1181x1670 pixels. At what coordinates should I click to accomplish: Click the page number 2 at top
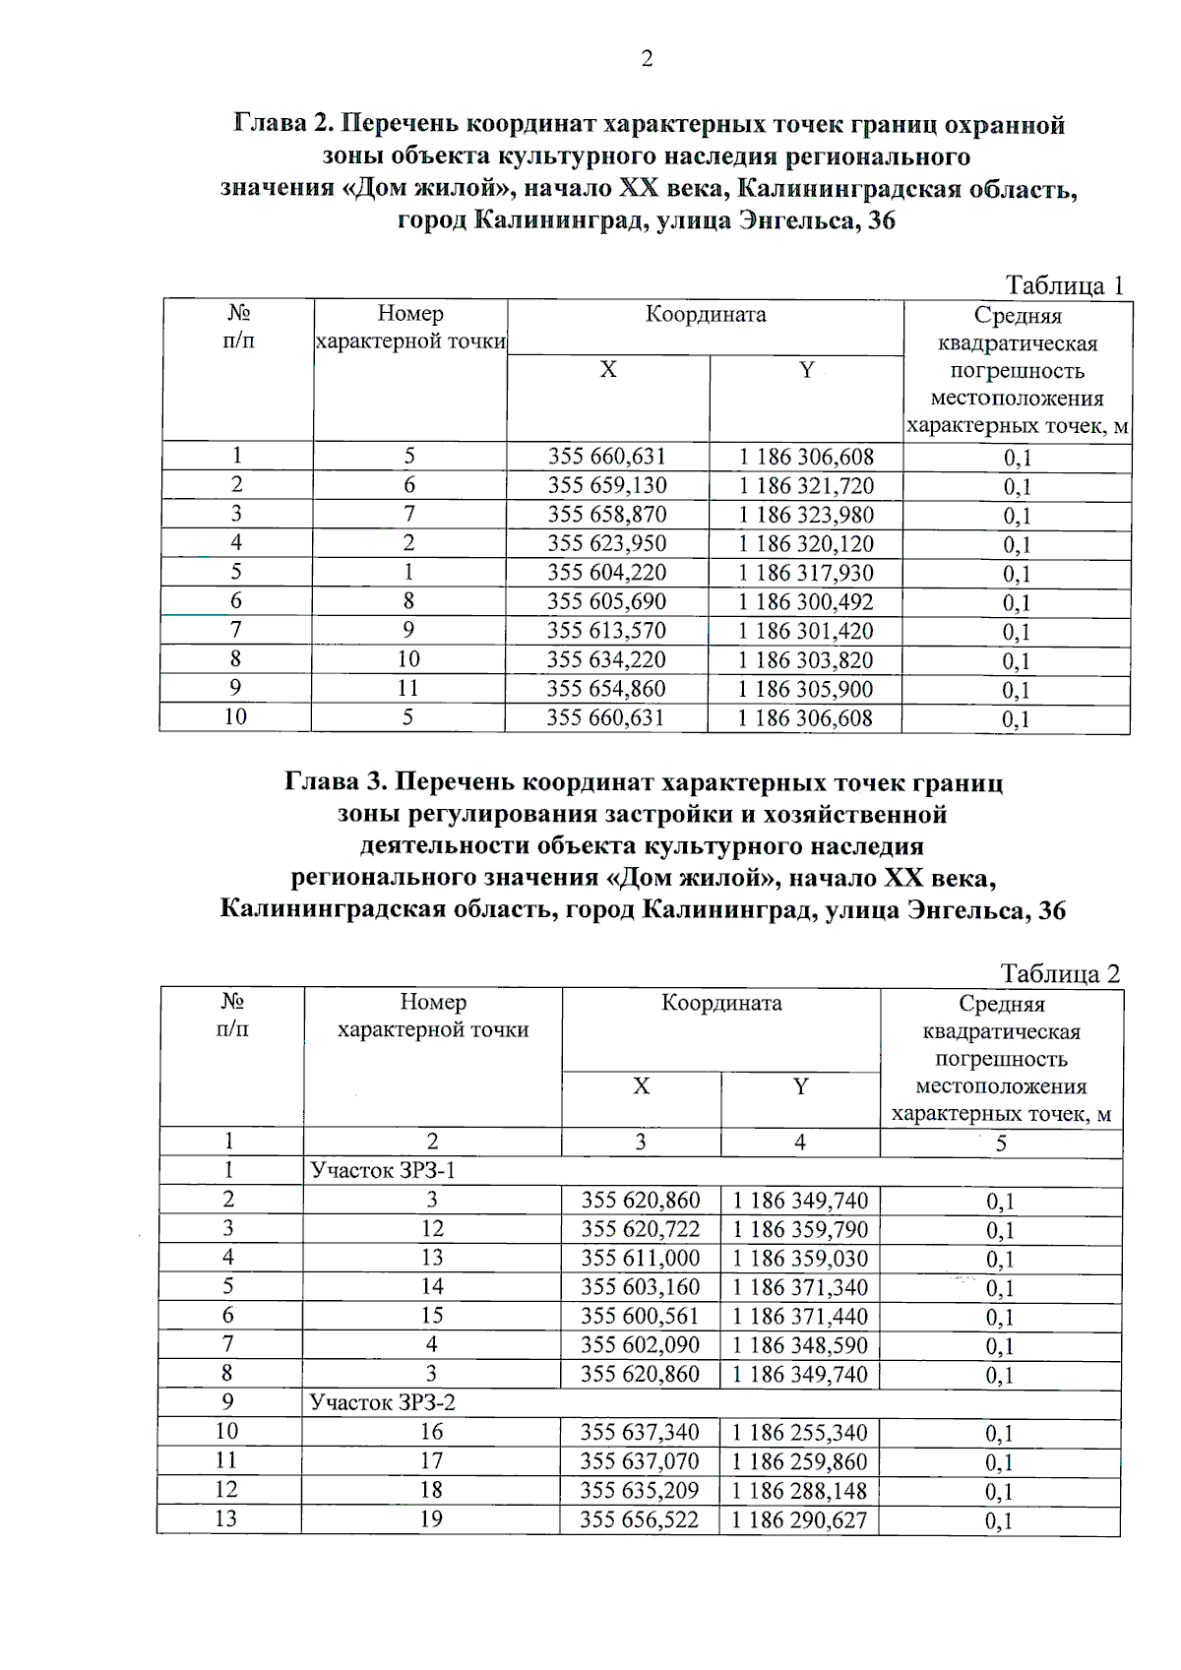(647, 60)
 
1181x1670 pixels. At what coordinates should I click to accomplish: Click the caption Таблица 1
(1064, 285)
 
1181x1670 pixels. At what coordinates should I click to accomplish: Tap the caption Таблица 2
(1060, 973)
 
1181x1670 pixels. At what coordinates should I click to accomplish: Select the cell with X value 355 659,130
(607, 485)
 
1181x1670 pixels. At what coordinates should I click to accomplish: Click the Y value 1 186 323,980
(806, 515)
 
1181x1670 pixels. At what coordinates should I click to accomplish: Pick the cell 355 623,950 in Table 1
(607, 543)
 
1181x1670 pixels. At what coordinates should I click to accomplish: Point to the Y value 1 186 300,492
(806, 601)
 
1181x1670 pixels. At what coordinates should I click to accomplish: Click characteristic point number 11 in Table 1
(408, 689)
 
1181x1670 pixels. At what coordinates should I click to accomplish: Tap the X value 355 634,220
(607, 659)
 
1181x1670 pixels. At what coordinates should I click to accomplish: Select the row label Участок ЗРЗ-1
(383, 1170)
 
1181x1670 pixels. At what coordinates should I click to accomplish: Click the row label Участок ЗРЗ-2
(383, 1402)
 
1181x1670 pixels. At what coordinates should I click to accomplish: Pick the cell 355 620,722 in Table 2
(641, 1229)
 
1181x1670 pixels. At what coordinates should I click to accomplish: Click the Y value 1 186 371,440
(800, 1317)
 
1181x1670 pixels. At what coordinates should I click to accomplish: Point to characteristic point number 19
(431, 1518)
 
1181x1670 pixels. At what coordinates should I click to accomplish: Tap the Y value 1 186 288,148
(800, 1490)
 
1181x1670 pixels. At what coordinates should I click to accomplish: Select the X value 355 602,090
(641, 1345)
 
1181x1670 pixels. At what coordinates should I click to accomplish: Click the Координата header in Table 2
(721, 1003)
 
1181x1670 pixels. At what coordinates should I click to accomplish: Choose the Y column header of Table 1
(807, 370)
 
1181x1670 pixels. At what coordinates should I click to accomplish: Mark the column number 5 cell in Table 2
(1001, 1144)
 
